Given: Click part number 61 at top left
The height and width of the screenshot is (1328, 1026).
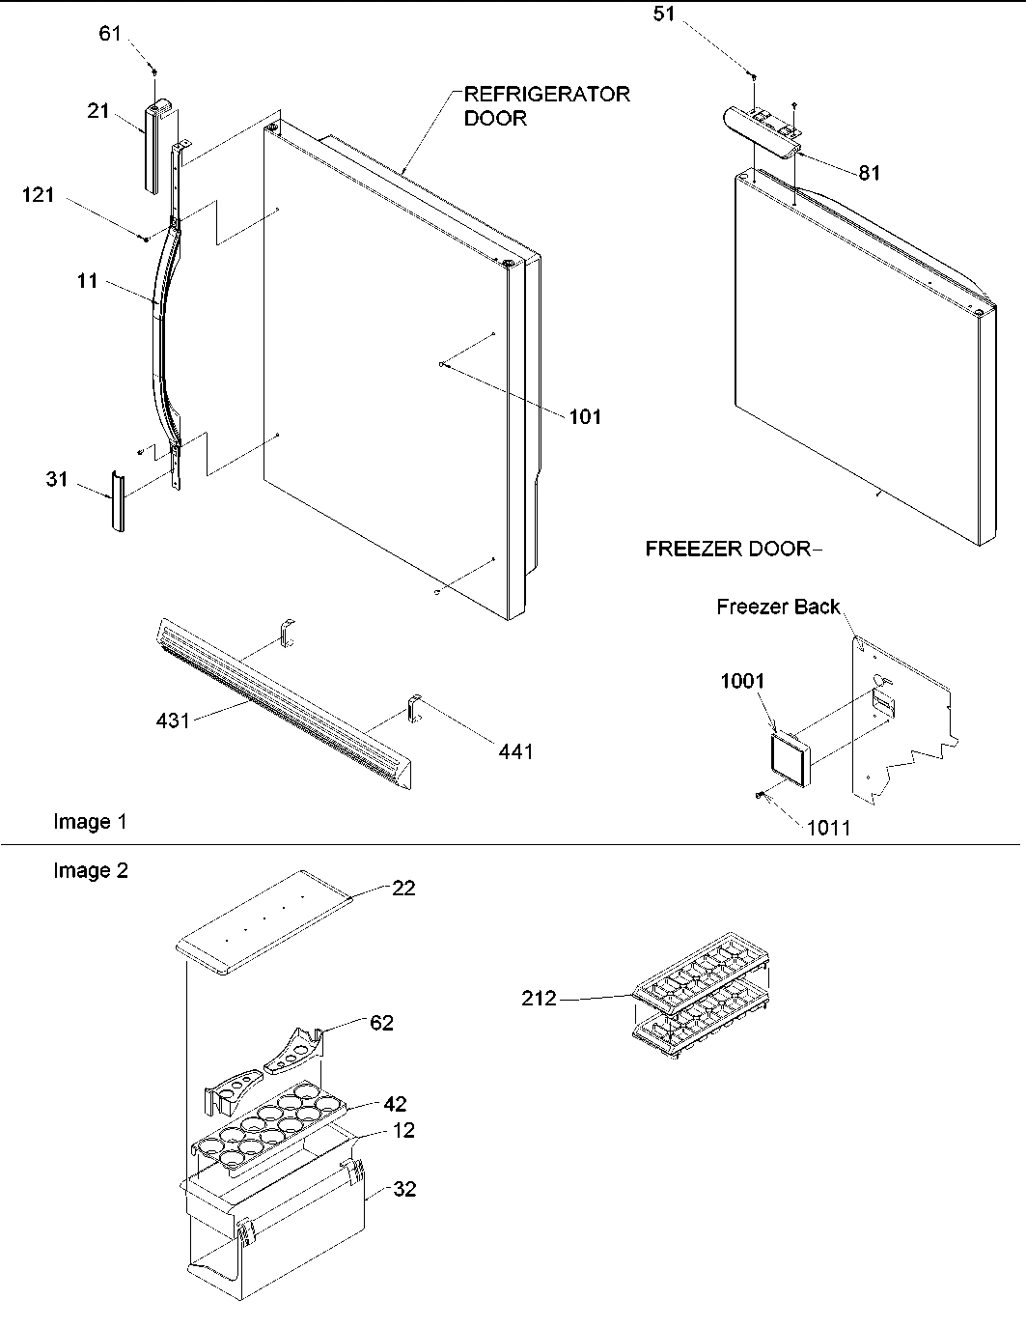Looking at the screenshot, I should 110,34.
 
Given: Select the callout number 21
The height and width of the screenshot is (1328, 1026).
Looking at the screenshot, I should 97,111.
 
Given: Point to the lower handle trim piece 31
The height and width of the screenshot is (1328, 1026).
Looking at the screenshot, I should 116,502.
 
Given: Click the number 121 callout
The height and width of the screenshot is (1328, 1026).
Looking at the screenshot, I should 39,196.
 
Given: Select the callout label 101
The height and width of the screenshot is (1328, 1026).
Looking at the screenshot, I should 584,417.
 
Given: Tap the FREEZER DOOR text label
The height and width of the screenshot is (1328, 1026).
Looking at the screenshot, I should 728,550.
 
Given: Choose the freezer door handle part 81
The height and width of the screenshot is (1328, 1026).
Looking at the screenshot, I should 759,129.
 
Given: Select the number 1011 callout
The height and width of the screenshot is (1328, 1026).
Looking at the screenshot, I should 827,828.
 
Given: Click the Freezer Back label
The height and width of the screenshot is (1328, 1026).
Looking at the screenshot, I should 778,607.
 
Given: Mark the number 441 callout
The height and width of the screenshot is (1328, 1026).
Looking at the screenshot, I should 515,751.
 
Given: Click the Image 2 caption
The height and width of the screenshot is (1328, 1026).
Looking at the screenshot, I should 90,871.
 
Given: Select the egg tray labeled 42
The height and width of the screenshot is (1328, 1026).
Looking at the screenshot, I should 261,1126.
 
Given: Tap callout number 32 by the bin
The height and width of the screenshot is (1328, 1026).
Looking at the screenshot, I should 404,1190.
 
